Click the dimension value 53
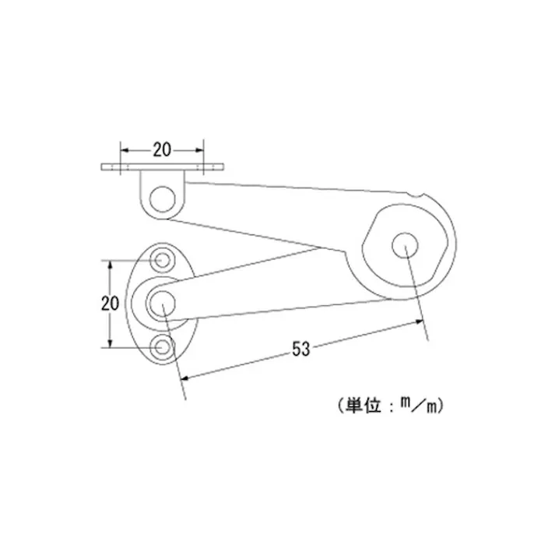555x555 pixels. click(x=301, y=349)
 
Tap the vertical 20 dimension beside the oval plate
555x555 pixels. click(x=110, y=303)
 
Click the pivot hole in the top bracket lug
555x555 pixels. click(x=162, y=198)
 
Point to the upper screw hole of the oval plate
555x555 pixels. click(x=163, y=259)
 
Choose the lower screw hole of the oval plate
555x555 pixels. click(x=163, y=346)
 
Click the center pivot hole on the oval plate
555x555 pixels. click(x=162, y=302)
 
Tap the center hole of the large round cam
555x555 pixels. click(x=406, y=244)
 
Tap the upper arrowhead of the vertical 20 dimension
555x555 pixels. click(x=111, y=262)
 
